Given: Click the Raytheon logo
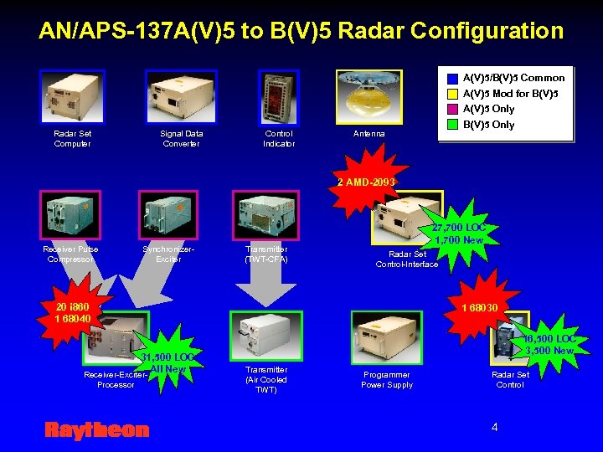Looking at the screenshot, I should click(x=96, y=430).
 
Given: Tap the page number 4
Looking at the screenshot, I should click(x=494, y=427).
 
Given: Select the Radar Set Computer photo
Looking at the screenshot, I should click(x=73, y=96).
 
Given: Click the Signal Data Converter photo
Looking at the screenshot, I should click(x=181, y=96).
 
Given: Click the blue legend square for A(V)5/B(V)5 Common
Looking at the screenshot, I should click(x=452, y=78).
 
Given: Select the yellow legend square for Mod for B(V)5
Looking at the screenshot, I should click(x=452, y=94).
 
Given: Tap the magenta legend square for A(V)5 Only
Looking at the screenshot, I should click(x=452, y=109).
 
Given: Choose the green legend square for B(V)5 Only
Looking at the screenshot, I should click(x=452, y=125).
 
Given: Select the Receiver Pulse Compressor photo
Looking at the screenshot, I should click(x=70, y=215).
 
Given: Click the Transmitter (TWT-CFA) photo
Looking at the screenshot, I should click(x=265, y=215).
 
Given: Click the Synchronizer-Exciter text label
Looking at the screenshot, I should click(x=168, y=254).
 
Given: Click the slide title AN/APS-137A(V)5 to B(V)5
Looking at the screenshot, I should click(x=301, y=31).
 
